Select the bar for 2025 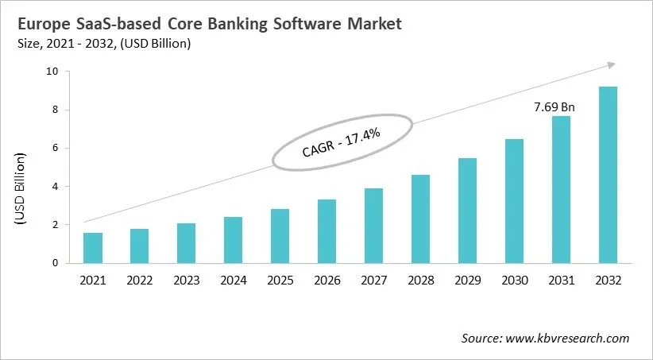point(280,236)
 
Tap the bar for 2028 point(421,219)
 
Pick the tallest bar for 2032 point(608,175)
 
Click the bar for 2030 point(515,201)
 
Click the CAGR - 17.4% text point(342,142)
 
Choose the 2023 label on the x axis point(187,281)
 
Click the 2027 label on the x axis point(374,281)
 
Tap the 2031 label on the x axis point(562,281)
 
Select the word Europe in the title point(48,24)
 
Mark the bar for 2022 point(140,246)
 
